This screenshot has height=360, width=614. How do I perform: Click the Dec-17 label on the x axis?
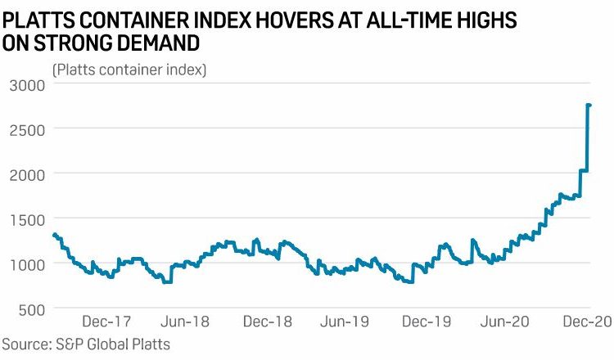[x=112, y=323]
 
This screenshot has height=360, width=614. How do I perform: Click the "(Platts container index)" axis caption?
[x=129, y=70]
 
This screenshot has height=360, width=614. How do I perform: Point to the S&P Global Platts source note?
[x=86, y=344]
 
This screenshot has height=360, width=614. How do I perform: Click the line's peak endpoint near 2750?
[x=589, y=105]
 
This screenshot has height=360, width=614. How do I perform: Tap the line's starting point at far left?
[x=54, y=235]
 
